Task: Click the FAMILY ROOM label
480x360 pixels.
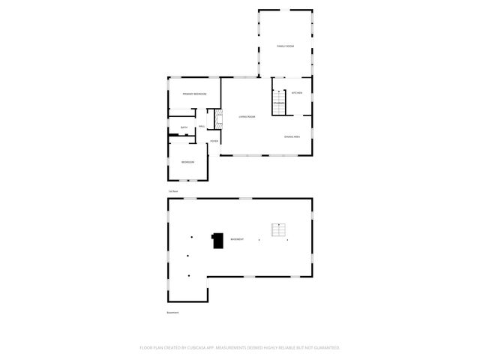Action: click(285, 46)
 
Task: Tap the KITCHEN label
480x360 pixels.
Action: click(297, 93)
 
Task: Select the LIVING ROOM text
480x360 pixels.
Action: click(247, 117)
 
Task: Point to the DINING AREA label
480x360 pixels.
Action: click(292, 136)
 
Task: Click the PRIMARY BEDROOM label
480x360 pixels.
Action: click(194, 94)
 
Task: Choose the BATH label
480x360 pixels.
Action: click(184, 127)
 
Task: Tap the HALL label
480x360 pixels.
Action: click(202, 126)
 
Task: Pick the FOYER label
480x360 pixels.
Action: click(214, 140)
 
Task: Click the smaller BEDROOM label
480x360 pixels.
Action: click(187, 162)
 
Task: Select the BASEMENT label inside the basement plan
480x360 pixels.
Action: click(237, 239)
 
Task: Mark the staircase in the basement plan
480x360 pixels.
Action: click(280, 230)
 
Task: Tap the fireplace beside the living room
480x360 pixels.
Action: click(219, 118)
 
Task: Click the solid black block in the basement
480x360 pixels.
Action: click(217, 240)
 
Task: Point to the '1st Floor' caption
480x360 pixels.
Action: click(172, 191)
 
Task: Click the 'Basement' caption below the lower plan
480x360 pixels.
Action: click(172, 312)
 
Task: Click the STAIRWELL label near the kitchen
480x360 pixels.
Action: click(278, 92)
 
